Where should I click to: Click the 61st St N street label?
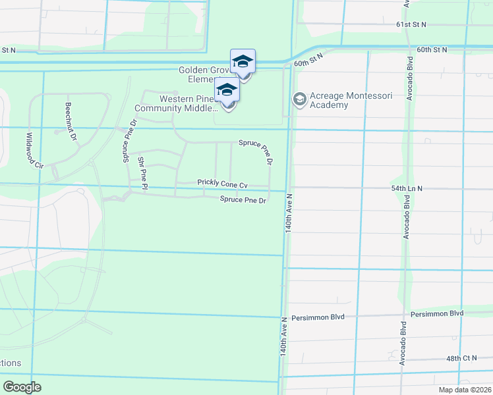click(x=411, y=24)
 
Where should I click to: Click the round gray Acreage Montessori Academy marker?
click(x=299, y=99)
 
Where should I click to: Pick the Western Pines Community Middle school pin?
click(x=227, y=90)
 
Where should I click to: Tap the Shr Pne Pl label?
click(x=142, y=173)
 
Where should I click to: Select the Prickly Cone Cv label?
click(x=222, y=184)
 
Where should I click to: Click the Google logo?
click(x=22, y=386)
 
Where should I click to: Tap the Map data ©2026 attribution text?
click(x=464, y=390)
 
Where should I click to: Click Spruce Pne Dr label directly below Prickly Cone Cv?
click(x=243, y=200)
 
